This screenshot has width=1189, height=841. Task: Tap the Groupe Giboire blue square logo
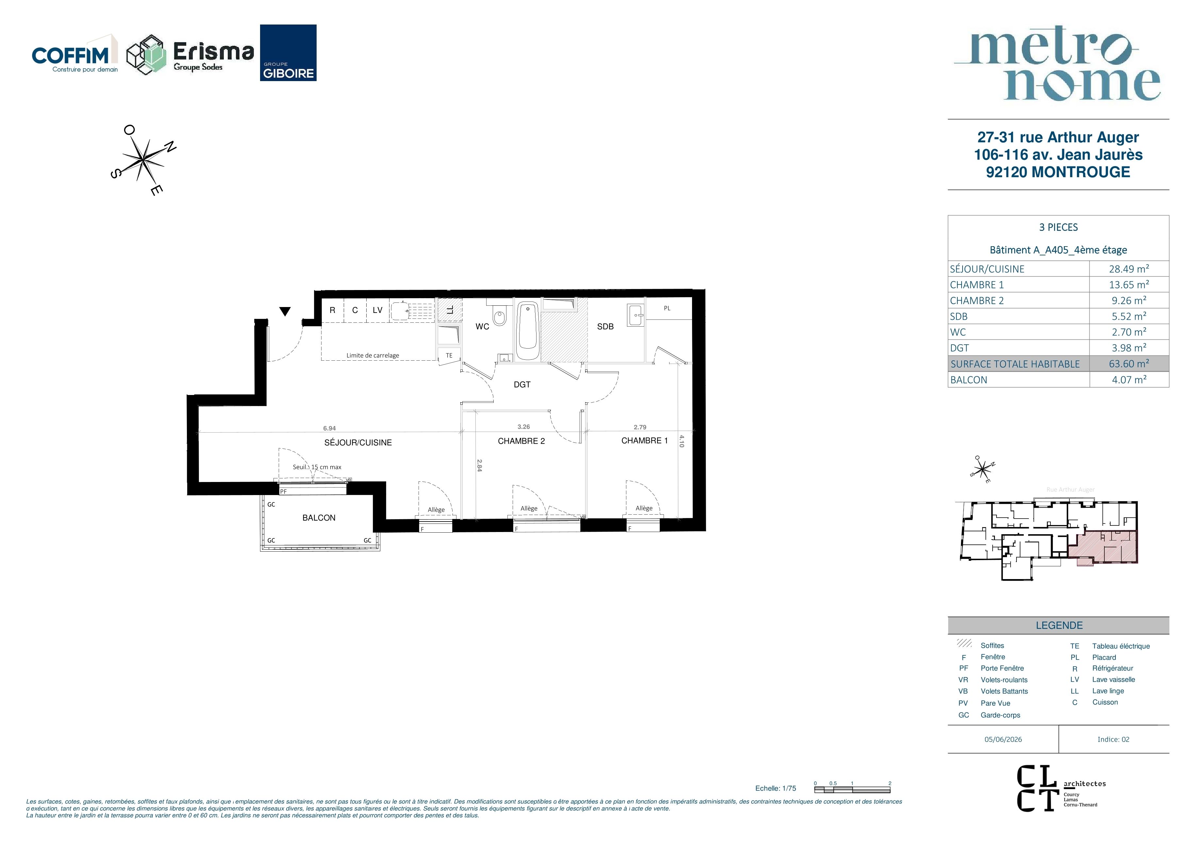click(288, 53)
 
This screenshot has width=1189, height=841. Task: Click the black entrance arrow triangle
click(285, 311)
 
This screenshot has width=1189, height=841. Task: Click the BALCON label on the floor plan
click(319, 518)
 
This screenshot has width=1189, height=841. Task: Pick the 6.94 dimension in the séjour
click(329, 428)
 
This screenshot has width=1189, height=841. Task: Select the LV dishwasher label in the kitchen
click(377, 310)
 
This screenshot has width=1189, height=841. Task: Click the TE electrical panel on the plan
click(449, 355)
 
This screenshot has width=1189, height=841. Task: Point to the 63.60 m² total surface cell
click(1129, 363)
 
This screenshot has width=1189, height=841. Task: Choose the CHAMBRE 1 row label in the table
click(977, 284)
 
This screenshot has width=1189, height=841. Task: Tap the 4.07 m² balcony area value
click(1129, 379)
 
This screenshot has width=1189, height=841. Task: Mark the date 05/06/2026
click(1003, 739)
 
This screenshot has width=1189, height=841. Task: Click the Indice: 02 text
click(1114, 739)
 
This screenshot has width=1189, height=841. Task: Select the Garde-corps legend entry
click(1000, 715)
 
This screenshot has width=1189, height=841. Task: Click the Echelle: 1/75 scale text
click(776, 788)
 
